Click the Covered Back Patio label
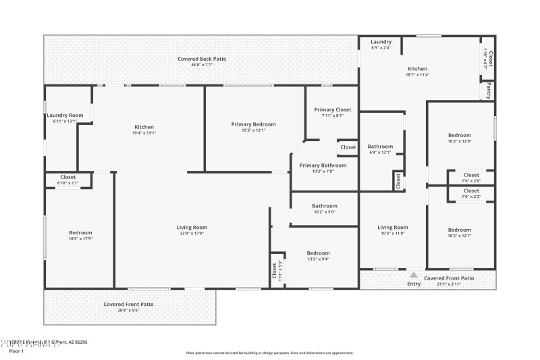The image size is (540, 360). pos(202,59)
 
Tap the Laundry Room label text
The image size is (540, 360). pos(65,115)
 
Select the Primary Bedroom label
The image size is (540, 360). pos(253,124)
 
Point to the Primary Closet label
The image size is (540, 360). pos(333,109)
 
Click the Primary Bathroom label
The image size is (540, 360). pos(323,165)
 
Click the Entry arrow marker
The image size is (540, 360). pos(414,275)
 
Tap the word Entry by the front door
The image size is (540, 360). pos(414,284)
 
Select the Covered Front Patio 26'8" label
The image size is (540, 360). pos(128,304)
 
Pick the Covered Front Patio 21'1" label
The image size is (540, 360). pos(449,278)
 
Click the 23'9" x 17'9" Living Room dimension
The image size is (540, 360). pos(192,234)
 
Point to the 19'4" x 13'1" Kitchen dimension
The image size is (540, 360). pos(144,133)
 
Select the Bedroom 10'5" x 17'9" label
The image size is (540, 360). pos(80,233)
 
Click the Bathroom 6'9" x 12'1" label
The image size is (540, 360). pos(380,147)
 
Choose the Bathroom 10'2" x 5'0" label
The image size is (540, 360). pos(324,206)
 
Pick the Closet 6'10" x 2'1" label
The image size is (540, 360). pos(67,177)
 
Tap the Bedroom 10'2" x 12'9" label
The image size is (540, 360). pos(460,135)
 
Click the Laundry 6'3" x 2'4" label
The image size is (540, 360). pos(381,42)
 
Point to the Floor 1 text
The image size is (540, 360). pos(16,351)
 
